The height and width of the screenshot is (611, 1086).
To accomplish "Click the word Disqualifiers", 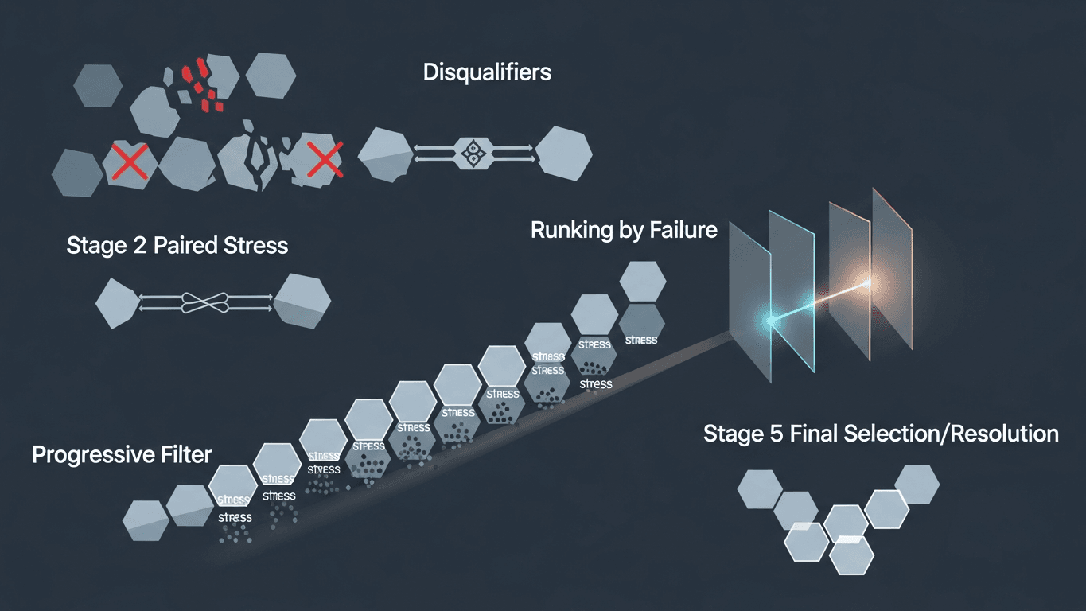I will [487, 72].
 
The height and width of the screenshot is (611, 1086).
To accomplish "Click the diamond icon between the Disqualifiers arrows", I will [473, 151].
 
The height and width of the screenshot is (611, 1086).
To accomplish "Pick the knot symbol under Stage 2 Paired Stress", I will [206, 302].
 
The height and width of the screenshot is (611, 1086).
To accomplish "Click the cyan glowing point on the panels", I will [769, 321].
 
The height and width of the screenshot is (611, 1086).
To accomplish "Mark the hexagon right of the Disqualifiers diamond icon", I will [563, 151].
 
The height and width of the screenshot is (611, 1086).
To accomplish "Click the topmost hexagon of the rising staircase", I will [642, 282].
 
